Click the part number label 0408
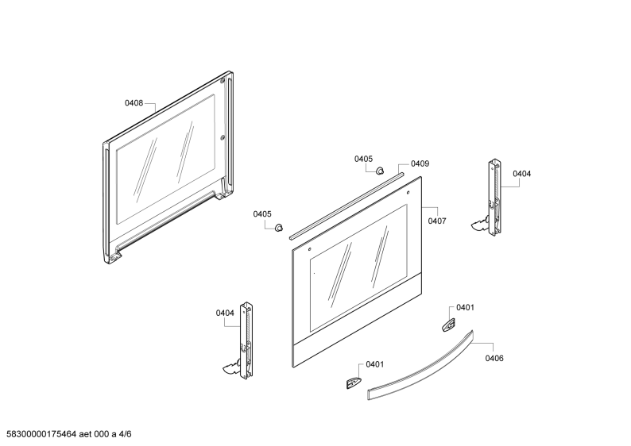[x=134, y=103]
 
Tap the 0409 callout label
[x=420, y=163]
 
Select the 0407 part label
[x=437, y=221]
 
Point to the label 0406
[x=494, y=358]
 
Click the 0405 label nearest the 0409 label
[x=363, y=159]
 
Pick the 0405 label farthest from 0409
[x=262, y=214]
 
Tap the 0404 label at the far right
[x=521, y=174]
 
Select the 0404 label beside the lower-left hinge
[x=225, y=313]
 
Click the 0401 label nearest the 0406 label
[x=465, y=307]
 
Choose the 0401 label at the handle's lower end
[x=374, y=364]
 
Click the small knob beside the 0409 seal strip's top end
[x=380, y=171]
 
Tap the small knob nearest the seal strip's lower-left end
[x=278, y=228]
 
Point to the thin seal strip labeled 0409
[x=346, y=206]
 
